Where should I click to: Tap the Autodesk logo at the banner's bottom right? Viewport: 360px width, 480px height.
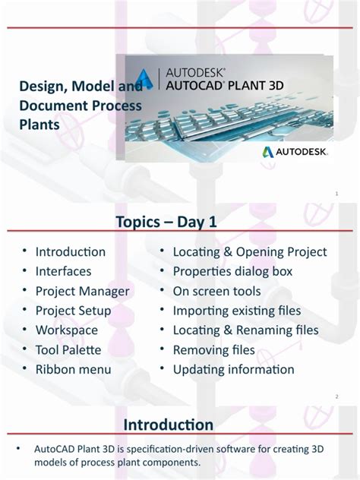pyautogui.click(x=295, y=152)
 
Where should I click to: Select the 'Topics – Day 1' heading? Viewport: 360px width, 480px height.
pyautogui.click(x=172, y=221)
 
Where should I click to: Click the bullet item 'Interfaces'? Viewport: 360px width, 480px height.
pyautogui.click(x=63, y=271)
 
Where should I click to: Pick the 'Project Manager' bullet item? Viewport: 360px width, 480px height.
pyautogui.click(x=82, y=291)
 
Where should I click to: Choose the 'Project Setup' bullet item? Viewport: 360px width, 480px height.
pyautogui.click(x=73, y=311)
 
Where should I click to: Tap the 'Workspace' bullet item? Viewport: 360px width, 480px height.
pyautogui.click(x=67, y=330)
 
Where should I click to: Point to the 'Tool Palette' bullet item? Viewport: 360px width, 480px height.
pyautogui.click(x=68, y=350)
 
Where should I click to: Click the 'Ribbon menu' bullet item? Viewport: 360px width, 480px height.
pyautogui.click(x=73, y=370)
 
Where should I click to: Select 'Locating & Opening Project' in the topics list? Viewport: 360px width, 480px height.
pyautogui.click(x=250, y=251)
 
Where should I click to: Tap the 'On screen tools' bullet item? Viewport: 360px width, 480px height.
pyautogui.click(x=216, y=291)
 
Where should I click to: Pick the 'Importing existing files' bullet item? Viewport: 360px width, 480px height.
pyautogui.click(x=237, y=311)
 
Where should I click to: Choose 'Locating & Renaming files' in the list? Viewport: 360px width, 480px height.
pyautogui.click(x=246, y=330)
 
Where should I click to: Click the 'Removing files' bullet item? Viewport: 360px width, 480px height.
pyautogui.click(x=214, y=350)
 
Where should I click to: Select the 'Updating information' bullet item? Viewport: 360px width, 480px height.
pyautogui.click(x=233, y=370)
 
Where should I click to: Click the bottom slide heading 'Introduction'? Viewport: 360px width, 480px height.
pyautogui.click(x=169, y=424)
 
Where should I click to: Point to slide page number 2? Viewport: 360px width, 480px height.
pyautogui.click(x=336, y=396)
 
